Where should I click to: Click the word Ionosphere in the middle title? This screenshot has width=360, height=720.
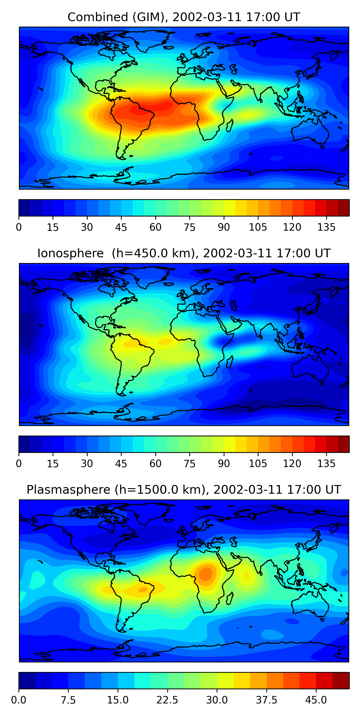tap(70, 253)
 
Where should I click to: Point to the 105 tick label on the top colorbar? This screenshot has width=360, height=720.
tap(258, 227)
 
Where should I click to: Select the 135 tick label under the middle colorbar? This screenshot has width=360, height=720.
tap(326, 464)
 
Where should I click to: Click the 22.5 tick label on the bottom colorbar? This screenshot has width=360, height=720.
tap(167, 700)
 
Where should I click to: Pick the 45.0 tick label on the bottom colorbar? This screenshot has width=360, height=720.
tap(316, 700)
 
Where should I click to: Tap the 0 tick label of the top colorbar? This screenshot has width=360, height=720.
tap(19, 227)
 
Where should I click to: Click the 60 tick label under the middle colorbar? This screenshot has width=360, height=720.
tap(156, 464)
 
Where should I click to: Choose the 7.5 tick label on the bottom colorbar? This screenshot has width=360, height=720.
tap(68, 700)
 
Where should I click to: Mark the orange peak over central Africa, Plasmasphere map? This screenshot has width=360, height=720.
tap(206, 574)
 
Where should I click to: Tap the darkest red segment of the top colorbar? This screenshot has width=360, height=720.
tap(343, 208)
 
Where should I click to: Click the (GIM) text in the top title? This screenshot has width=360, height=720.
tap(148, 17)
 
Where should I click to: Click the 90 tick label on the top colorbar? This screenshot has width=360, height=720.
tap(224, 227)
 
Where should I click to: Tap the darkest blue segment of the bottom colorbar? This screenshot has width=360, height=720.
tap(27, 681)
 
